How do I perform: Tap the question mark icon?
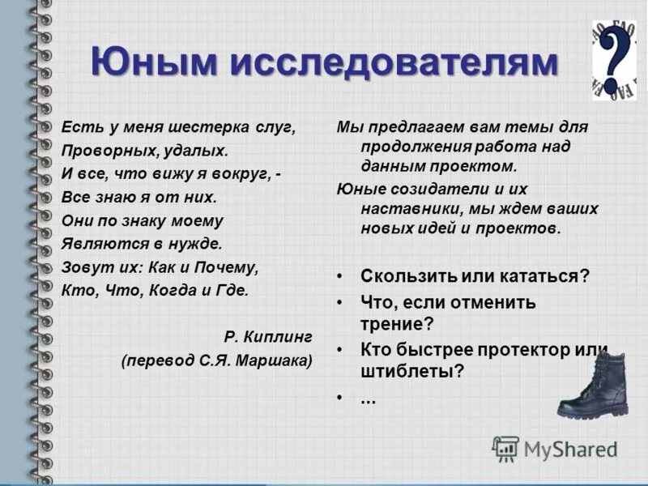click(615, 61)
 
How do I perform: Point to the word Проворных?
click(104, 151)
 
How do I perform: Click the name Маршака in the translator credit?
click(274, 360)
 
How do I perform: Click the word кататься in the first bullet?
click(545, 275)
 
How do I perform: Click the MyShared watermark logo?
click(555, 448)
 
